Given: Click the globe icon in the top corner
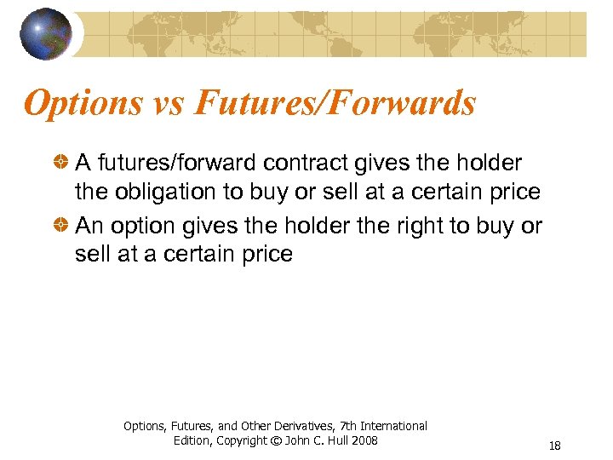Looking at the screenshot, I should tap(45, 34).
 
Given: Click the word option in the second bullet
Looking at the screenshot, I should tap(137, 225).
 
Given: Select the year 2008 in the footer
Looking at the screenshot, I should tap(363, 440).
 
